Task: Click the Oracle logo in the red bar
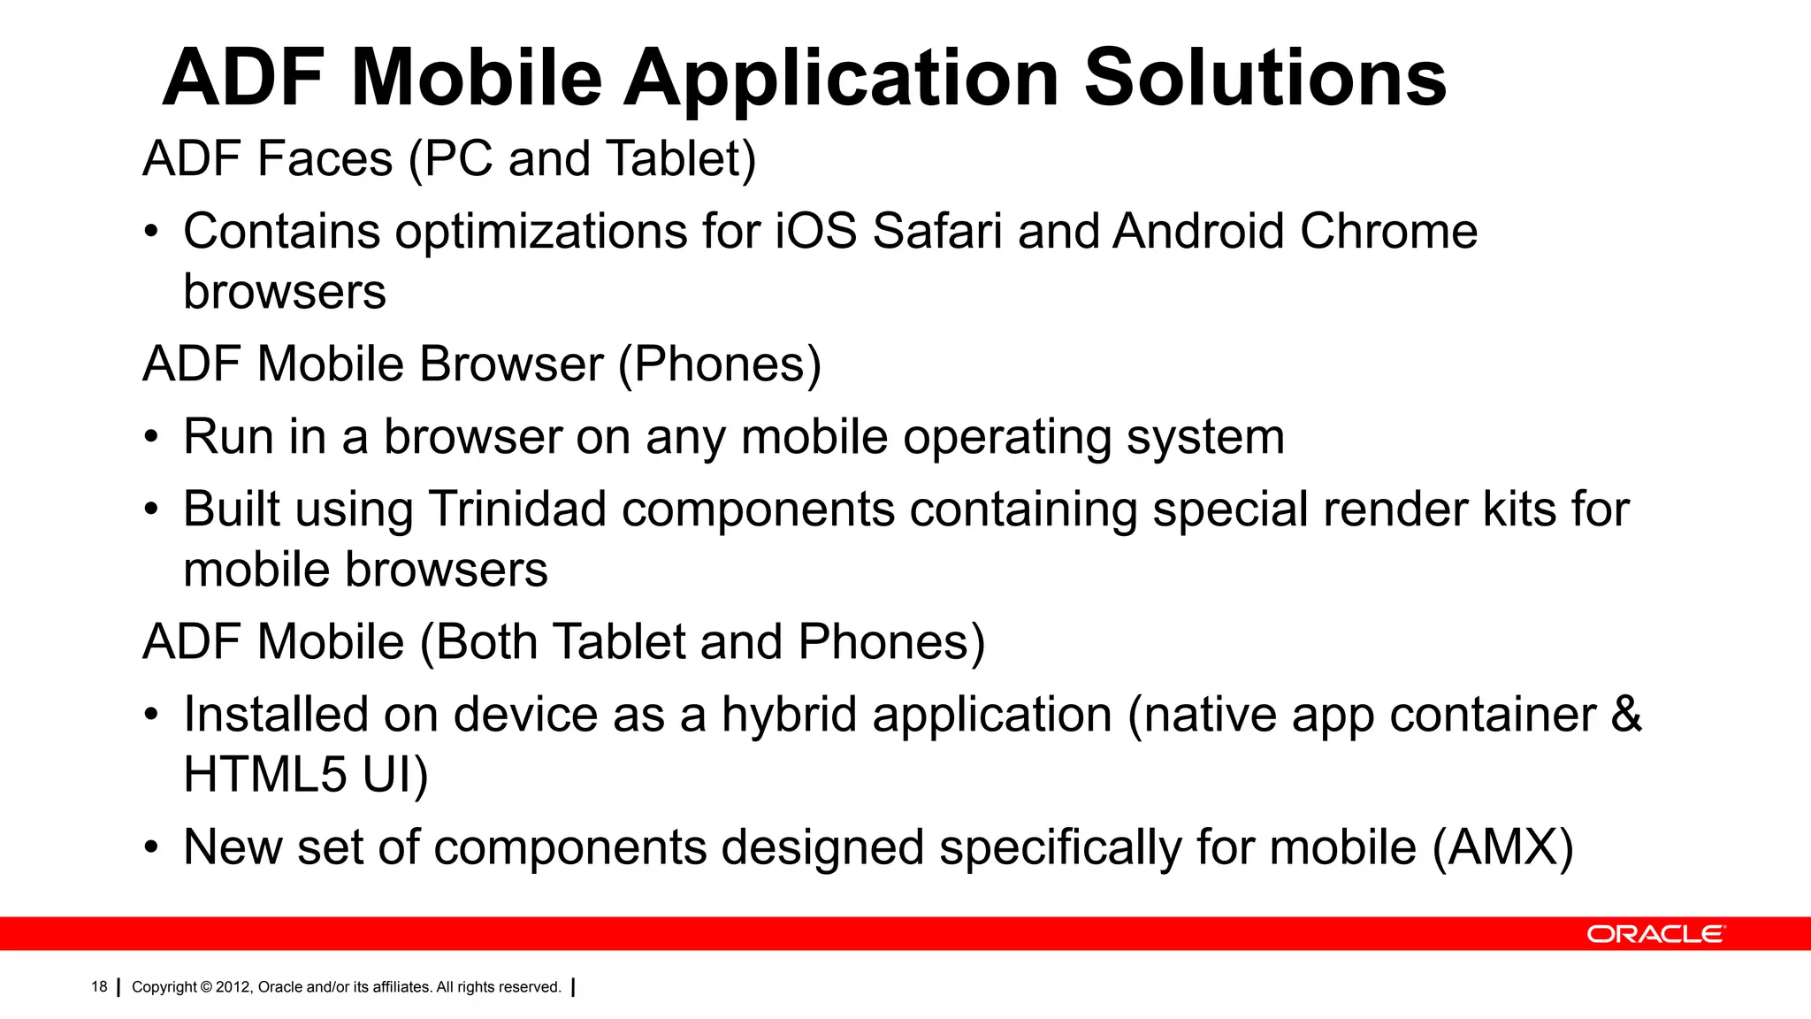[x=1654, y=934]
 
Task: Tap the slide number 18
[x=99, y=987]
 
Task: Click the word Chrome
[x=1388, y=232]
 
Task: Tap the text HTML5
[x=265, y=774]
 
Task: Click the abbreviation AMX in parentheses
[x=1503, y=847]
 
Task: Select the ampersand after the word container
[x=1626, y=715]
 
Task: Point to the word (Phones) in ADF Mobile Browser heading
[x=720, y=364]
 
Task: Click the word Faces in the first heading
[x=325, y=159]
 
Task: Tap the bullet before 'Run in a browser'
[x=152, y=438]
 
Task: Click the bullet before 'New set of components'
[x=152, y=848]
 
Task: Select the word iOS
[x=816, y=232]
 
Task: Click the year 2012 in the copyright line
[x=233, y=987]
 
